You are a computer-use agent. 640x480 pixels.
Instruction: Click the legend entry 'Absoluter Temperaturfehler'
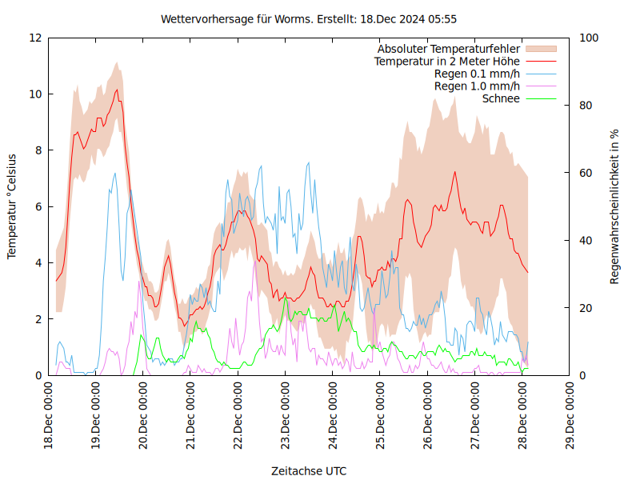click(x=448, y=49)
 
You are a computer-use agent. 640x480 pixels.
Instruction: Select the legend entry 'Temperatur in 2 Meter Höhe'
click(x=446, y=61)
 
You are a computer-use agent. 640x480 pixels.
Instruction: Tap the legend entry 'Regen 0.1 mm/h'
click(x=477, y=74)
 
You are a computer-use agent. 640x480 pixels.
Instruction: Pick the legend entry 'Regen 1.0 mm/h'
click(x=477, y=86)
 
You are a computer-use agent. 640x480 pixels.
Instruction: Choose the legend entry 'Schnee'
click(x=501, y=98)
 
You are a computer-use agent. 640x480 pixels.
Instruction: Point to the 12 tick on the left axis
click(x=34, y=38)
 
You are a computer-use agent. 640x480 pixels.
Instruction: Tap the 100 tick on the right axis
click(x=590, y=38)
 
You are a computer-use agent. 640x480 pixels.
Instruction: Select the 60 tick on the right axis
click(x=586, y=173)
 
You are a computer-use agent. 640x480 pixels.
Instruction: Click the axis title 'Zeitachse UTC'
click(x=309, y=470)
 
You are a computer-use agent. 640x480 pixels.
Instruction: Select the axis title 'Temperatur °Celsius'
click(x=12, y=206)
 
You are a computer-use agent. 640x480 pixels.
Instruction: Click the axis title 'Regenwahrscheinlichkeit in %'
click(x=615, y=206)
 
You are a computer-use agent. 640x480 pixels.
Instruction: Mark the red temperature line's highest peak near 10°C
click(x=117, y=90)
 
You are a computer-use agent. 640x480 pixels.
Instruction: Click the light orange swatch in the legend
click(x=541, y=49)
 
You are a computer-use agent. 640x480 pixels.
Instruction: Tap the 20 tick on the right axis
click(x=586, y=308)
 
